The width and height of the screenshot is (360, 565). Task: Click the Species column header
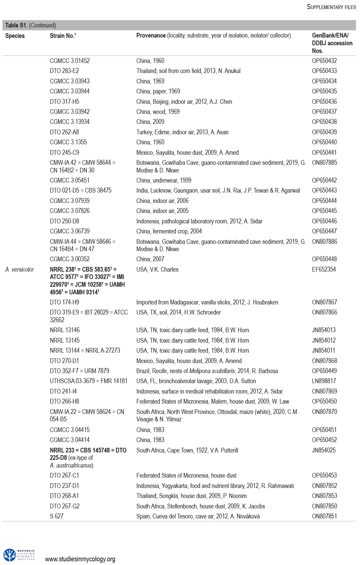pyautogui.click(x=15, y=36)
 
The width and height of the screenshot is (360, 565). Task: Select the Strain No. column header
pyautogui.click(x=63, y=36)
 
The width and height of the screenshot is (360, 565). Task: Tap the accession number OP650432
pyautogui.click(x=324, y=61)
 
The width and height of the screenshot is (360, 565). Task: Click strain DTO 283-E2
pyautogui.click(x=64, y=71)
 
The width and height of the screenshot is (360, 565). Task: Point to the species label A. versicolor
pyautogui.click(x=20, y=270)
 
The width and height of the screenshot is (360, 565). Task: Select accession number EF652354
pyautogui.click(x=323, y=270)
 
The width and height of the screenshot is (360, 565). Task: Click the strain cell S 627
pyautogui.click(x=57, y=516)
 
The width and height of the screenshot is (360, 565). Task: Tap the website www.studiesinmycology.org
pyautogui.click(x=80, y=559)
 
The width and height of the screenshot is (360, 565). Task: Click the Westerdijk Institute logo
pyautogui.click(x=19, y=555)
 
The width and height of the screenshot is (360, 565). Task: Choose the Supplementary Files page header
pyautogui.click(x=331, y=7)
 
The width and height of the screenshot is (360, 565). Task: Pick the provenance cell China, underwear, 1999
pyautogui.click(x=164, y=180)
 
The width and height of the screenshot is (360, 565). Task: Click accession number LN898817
pyautogui.click(x=323, y=381)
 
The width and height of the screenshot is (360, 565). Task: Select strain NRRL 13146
pyautogui.click(x=65, y=330)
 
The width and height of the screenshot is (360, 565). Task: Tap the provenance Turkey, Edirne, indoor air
pyautogui.click(x=182, y=132)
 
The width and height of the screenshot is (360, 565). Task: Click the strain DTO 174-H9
pyautogui.click(x=64, y=302)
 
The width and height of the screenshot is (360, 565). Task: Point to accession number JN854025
pyautogui.click(x=323, y=450)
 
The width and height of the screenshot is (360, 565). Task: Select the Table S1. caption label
pyautogui.click(x=16, y=25)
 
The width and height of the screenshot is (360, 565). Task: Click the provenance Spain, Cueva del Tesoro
pyautogui.click(x=198, y=516)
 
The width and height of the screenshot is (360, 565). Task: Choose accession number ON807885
pyautogui.click(x=324, y=163)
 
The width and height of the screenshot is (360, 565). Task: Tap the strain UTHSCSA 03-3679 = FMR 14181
pyautogui.click(x=88, y=381)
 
